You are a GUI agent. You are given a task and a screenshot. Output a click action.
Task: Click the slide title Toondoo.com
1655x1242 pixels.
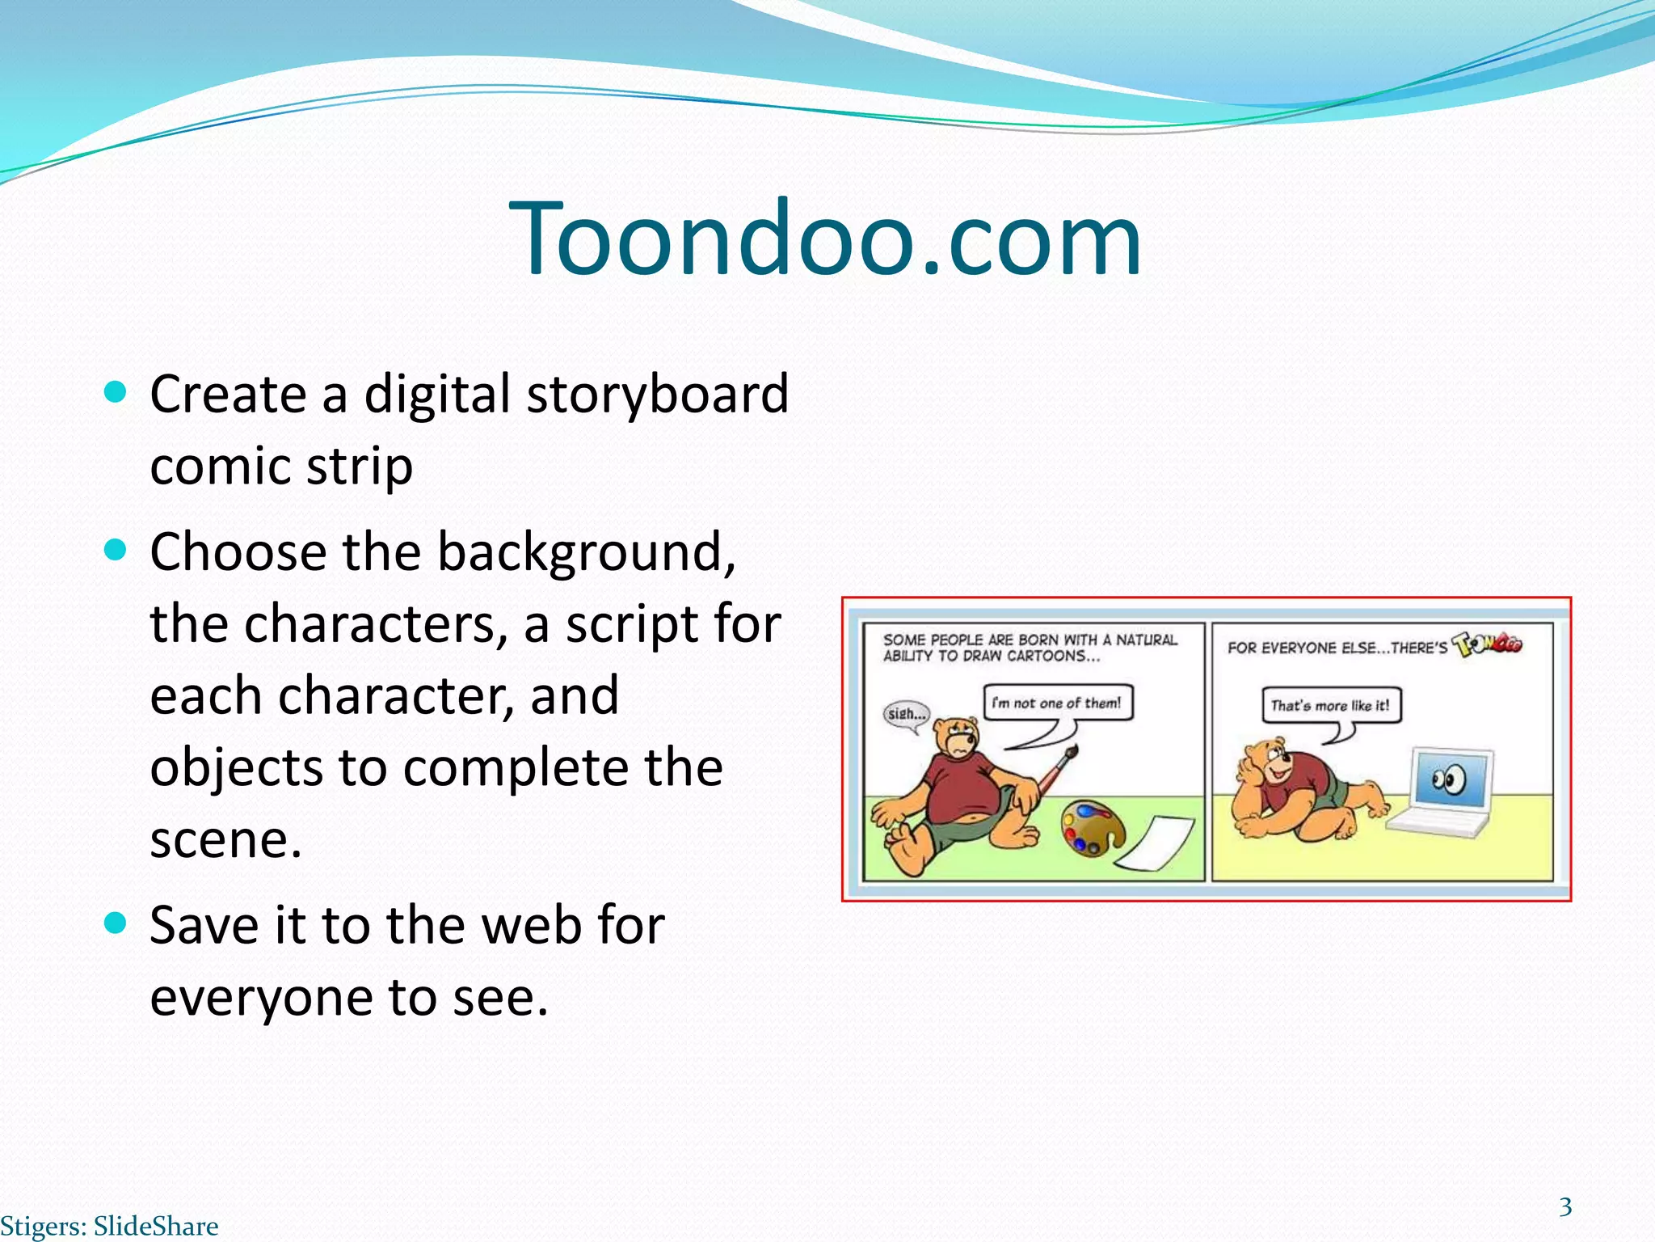[x=826, y=239]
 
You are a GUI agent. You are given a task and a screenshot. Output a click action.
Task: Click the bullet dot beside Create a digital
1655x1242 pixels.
[x=116, y=393]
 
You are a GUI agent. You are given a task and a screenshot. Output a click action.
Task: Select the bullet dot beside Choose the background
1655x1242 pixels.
[x=116, y=551]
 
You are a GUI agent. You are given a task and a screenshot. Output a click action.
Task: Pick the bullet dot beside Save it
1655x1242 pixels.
[x=116, y=923]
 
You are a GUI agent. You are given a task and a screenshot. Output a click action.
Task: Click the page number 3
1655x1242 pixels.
[x=1565, y=1207]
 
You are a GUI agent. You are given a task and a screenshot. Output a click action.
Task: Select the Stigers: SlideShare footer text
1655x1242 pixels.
[x=109, y=1226]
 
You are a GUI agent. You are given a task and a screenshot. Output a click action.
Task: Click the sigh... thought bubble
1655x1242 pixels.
[x=906, y=714]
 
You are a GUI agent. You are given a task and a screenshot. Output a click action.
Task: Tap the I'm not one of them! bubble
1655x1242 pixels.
[x=1057, y=703]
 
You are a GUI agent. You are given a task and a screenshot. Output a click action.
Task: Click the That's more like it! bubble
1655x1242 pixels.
[x=1330, y=705]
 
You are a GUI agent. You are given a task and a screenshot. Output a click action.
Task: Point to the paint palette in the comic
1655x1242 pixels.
[x=1092, y=827]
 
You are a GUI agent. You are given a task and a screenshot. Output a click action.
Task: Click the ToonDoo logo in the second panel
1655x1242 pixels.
[x=1488, y=644]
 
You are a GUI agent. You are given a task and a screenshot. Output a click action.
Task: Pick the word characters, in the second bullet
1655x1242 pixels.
[x=376, y=624]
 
